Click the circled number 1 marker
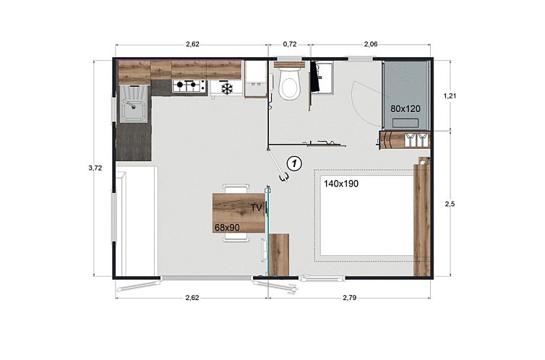[294, 163]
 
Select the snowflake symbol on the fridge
[227, 88]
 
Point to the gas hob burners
[189, 85]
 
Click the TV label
[256, 207]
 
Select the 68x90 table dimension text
[227, 228]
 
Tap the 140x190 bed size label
[341, 184]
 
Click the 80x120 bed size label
[405, 108]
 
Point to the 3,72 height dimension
[95, 168]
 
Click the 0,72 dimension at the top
[290, 44]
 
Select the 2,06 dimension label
[371, 44]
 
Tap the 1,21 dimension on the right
[450, 96]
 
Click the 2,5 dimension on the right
[450, 204]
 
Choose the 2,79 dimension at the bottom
[350, 297]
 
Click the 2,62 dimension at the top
[192, 44]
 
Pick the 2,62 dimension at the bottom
[192, 297]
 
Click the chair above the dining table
[236, 189]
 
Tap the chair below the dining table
[236, 237]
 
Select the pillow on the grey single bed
[405, 123]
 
